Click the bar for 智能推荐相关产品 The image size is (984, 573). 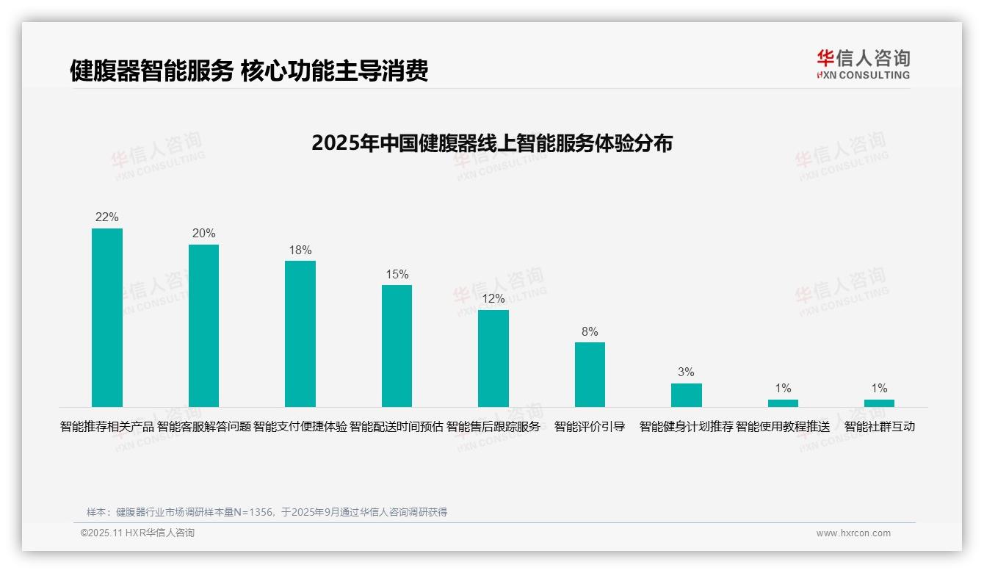107,317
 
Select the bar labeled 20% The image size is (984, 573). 203,325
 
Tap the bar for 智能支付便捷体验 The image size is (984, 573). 300,334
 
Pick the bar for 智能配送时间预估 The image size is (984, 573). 397,346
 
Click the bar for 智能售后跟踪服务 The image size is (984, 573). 493,358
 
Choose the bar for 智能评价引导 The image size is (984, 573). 590,375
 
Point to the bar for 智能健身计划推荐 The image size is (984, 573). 686,395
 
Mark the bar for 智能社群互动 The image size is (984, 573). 879,403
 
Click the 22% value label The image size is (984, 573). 107,217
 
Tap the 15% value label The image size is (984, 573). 397,275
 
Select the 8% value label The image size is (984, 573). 590,332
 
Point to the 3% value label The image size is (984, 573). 686,372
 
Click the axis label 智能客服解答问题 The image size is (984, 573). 204,427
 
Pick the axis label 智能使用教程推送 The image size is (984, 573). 783,427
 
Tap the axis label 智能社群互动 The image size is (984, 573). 879,427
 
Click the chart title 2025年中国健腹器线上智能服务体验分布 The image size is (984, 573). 492,143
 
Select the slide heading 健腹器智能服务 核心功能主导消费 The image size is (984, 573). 249,71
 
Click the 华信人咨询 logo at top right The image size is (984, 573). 863,64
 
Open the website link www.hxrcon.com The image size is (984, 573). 853,533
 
